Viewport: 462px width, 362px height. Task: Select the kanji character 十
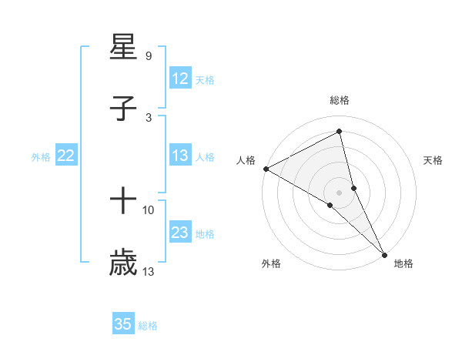(123, 202)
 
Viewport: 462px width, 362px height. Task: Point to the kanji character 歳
(123, 263)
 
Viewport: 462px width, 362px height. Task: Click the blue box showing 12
(180, 79)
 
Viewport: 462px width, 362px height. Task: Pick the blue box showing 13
(180, 156)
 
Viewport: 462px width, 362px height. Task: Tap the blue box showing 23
(180, 233)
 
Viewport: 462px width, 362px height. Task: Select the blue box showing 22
(66, 156)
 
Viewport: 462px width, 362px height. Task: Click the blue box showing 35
(123, 324)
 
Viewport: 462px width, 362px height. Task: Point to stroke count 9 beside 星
(148, 56)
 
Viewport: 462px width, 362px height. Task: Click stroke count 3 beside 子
(148, 117)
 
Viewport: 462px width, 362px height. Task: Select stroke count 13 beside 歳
(148, 271)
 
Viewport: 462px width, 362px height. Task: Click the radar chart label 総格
(340, 100)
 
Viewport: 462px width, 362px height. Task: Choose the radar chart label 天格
(434, 160)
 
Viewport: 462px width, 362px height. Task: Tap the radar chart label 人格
(246, 160)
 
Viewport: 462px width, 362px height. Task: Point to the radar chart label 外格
(271, 263)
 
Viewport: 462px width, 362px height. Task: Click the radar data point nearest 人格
(266, 169)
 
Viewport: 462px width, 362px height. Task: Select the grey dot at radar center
(340, 192)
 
